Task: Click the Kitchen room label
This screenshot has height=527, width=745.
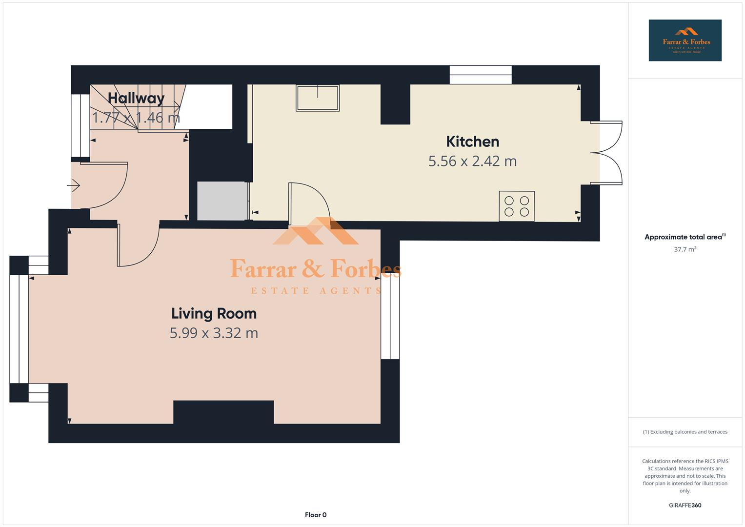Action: pyautogui.click(x=472, y=142)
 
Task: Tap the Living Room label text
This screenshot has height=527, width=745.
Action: pyautogui.click(x=214, y=313)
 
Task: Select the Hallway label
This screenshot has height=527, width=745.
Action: pyautogui.click(x=136, y=98)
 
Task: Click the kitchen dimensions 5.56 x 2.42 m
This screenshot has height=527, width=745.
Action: pyautogui.click(x=472, y=161)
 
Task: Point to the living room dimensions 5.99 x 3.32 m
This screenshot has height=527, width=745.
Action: pyautogui.click(x=214, y=333)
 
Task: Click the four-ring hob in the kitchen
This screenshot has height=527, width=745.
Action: pyautogui.click(x=516, y=206)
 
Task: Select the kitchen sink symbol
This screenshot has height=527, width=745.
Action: pyautogui.click(x=318, y=98)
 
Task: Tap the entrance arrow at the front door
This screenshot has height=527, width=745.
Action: pyautogui.click(x=74, y=185)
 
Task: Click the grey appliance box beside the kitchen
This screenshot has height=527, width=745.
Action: pyautogui.click(x=222, y=201)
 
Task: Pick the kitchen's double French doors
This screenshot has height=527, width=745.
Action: pyautogui.click(x=606, y=153)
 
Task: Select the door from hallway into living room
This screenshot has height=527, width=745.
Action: pyautogui.click(x=138, y=246)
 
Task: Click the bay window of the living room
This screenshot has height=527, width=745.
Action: pyautogui.click(x=19, y=329)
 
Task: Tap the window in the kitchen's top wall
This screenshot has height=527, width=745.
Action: pyautogui.click(x=480, y=75)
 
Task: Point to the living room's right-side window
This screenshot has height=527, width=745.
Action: pyautogui.click(x=390, y=318)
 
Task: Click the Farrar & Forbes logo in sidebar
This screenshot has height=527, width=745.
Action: pyautogui.click(x=685, y=41)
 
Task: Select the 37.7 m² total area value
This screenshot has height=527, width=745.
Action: pyautogui.click(x=685, y=249)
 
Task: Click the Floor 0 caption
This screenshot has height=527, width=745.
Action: pyautogui.click(x=315, y=515)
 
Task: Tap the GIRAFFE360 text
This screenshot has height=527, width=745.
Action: pyautogui.click(x=685, y=505)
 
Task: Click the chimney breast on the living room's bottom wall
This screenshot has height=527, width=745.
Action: pyautogui.click(x=223, y=412)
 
